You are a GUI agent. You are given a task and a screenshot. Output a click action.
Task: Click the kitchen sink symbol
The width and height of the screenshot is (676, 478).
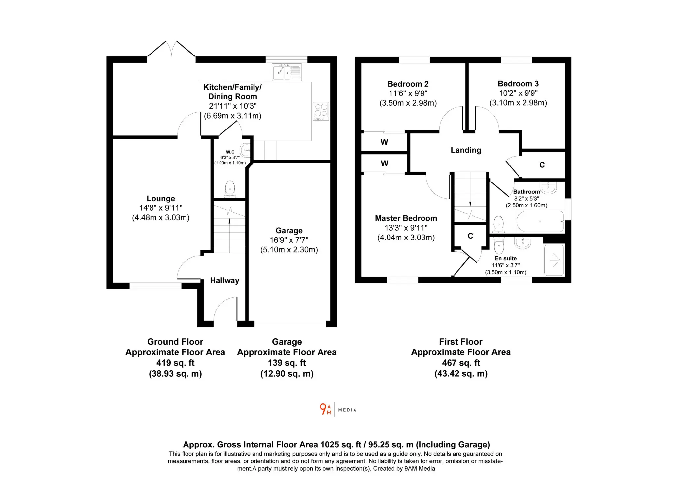pyautogui.click(x=287, y=72)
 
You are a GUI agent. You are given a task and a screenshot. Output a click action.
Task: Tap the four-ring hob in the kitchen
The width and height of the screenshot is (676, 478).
pyautogui.click(x=321, y=111)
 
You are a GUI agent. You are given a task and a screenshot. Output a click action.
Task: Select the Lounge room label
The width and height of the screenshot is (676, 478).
pyautogui.click(x=161, y=198)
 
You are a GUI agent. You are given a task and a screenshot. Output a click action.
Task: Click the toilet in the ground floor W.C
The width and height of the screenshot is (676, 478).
pyautogui.click(x=230, y=189)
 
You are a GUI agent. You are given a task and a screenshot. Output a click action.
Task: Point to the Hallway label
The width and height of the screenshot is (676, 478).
pyautogui.click(x=224, y=280)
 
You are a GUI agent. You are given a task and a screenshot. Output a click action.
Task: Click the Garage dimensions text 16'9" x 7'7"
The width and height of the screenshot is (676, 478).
pyautogui.click(x=289, y=240)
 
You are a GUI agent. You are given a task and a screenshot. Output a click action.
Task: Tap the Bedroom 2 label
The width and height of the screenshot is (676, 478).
pyautogui.click(x=408, y=84)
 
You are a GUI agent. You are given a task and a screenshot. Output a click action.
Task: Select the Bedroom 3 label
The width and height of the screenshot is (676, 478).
pyautogui.click(x=518, y=84)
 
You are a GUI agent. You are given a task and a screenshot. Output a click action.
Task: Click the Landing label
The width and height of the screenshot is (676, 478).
pyautogui.click(x=466, y=150)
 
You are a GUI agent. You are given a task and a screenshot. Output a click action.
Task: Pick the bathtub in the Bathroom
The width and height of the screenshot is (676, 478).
pyautogui.click(x=540, y=221)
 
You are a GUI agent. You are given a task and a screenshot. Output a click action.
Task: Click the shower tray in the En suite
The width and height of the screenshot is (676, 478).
pyautogui.click(x=554, y=260)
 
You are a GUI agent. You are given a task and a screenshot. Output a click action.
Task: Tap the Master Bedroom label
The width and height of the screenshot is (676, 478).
pyautogui.click(x=406, y=218)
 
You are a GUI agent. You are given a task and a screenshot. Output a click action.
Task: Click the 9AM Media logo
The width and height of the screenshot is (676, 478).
pyautogui.click(x=338, y=410)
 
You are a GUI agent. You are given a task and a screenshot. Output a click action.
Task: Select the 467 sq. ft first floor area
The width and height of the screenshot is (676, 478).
pyautogui.click(x=461, y=363)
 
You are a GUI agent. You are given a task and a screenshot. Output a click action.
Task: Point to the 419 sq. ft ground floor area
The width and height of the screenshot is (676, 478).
pyautogui.click(x=175, y=363)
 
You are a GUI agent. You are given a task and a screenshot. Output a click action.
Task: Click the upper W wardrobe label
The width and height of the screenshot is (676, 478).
pyautogui.click(x=384, y=142)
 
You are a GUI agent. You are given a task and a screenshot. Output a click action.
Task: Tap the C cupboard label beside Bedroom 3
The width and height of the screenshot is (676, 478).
pyautogui.click(x=542, y=165)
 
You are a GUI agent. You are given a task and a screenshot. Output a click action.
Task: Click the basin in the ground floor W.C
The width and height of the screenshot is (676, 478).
pyautogui.click(x=245, y=150)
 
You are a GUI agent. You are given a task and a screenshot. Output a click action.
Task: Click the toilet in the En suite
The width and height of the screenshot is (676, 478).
pyautogui.click(x=499, y=245)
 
